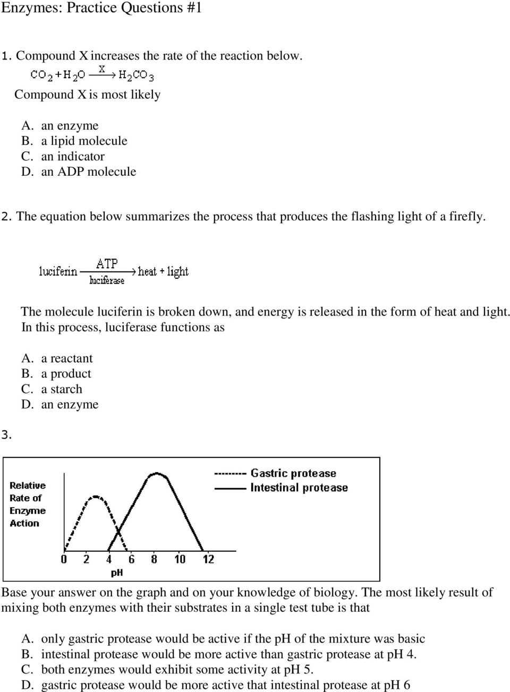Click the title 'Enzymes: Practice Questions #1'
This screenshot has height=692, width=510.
[101, 8]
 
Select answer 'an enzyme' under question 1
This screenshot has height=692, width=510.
[70, 126]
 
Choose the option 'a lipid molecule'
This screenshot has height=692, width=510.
[84, 141]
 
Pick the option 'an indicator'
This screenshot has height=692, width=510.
[73, 157]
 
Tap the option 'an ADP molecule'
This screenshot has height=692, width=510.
[88, 172]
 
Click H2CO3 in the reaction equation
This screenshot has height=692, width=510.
[136, 75]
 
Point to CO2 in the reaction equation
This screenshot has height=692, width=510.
[41, 75]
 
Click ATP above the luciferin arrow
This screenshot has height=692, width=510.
[107, 264]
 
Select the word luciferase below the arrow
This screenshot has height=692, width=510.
[107, 280]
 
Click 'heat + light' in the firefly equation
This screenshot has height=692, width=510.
[163, 272]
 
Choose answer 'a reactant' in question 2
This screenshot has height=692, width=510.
[66, 358]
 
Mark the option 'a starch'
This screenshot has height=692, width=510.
[62, 389]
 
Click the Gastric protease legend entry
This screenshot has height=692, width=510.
[293, 473]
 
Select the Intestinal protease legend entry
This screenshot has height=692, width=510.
[299, 488]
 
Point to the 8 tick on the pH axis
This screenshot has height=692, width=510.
[154, 559]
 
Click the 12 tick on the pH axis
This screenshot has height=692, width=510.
[208, 559]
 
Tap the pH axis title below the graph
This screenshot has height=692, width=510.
[117, 573]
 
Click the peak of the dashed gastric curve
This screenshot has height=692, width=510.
[96, 497]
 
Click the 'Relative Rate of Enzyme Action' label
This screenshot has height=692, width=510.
[28, 505]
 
